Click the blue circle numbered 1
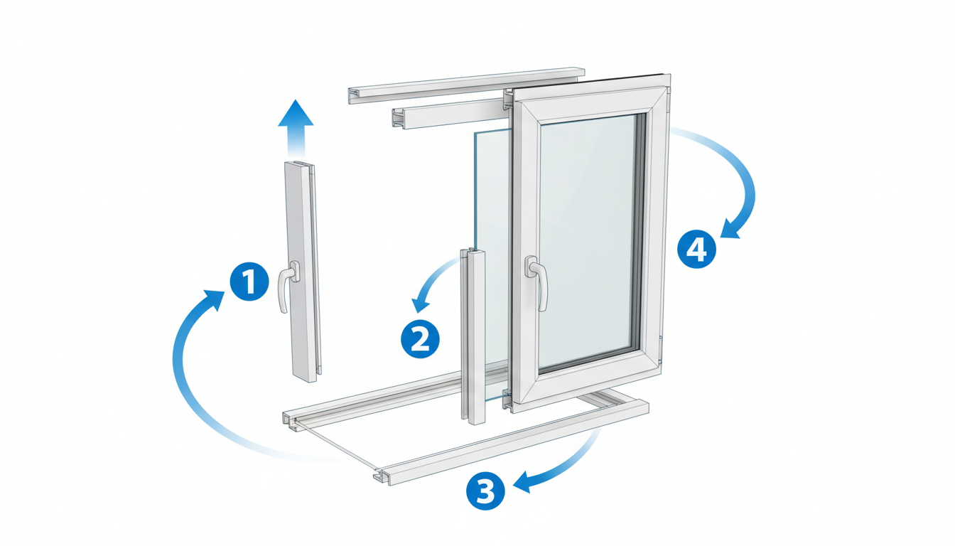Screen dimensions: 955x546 (x=249, y=282)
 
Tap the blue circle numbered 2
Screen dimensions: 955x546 (x=420, y=339)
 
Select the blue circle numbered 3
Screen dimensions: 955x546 (x=485, y=491)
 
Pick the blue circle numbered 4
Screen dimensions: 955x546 (x=697, y=249)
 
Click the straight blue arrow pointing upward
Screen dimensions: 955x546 (x=296, y=128)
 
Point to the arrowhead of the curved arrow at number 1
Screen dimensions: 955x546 (x=215, y=299)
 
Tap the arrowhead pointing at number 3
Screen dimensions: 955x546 (x=522, y=483)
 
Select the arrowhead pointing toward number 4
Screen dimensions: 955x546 (x=729, y=230)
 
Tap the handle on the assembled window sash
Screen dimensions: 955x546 (x=537, y=282)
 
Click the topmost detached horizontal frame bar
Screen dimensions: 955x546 (x=466, y=85)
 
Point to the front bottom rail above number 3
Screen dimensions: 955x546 (x=511, y=442)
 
